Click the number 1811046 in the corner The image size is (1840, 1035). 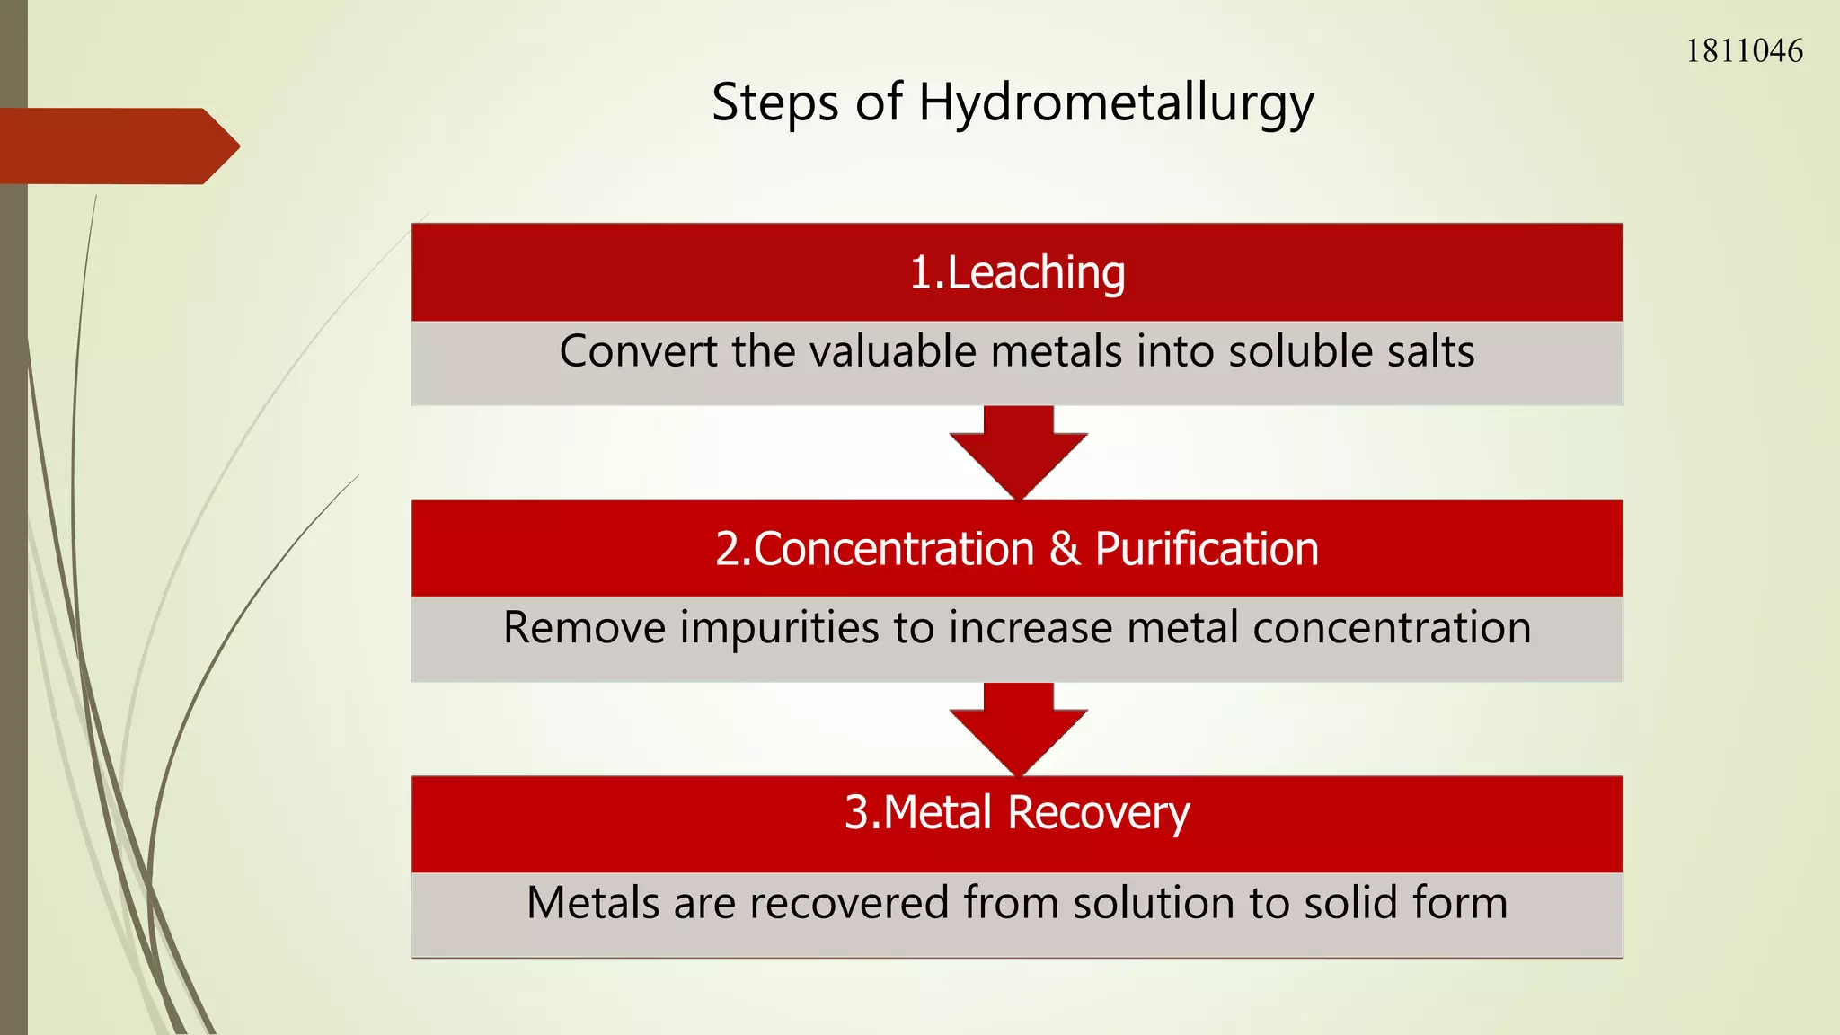click(x=1743, y=51)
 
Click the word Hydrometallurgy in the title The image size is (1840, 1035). click(x=1116, y=103)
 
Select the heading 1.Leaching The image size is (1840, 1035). click(x=1017, y=272)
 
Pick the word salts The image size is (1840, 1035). click(x=1430, y=351)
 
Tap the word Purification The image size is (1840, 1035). click(x=1206, y=549)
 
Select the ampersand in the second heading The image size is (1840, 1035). click(x=1065, y=549)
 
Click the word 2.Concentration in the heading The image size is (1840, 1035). click(x=875, y=549)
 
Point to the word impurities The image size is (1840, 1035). click(x=779, y=628)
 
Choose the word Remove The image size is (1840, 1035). click(x=584, y=628)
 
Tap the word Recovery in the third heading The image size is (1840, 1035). click(x=1098, y=814)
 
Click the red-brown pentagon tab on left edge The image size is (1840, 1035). click(x=117, y=146)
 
